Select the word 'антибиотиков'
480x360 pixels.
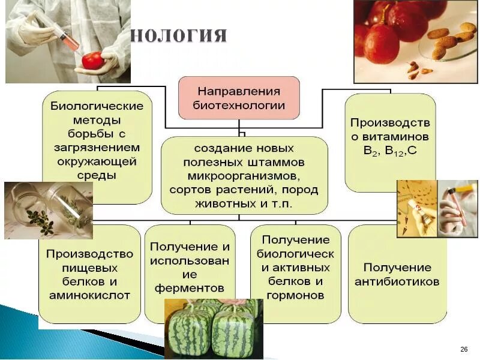[397, 281]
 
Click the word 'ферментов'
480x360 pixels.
[190, 287]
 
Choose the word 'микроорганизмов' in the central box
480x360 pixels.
[244, 176]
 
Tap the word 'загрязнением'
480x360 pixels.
[96, 148]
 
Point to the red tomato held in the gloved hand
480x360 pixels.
[93, 60]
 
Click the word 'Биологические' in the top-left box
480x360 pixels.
[96, 106]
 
